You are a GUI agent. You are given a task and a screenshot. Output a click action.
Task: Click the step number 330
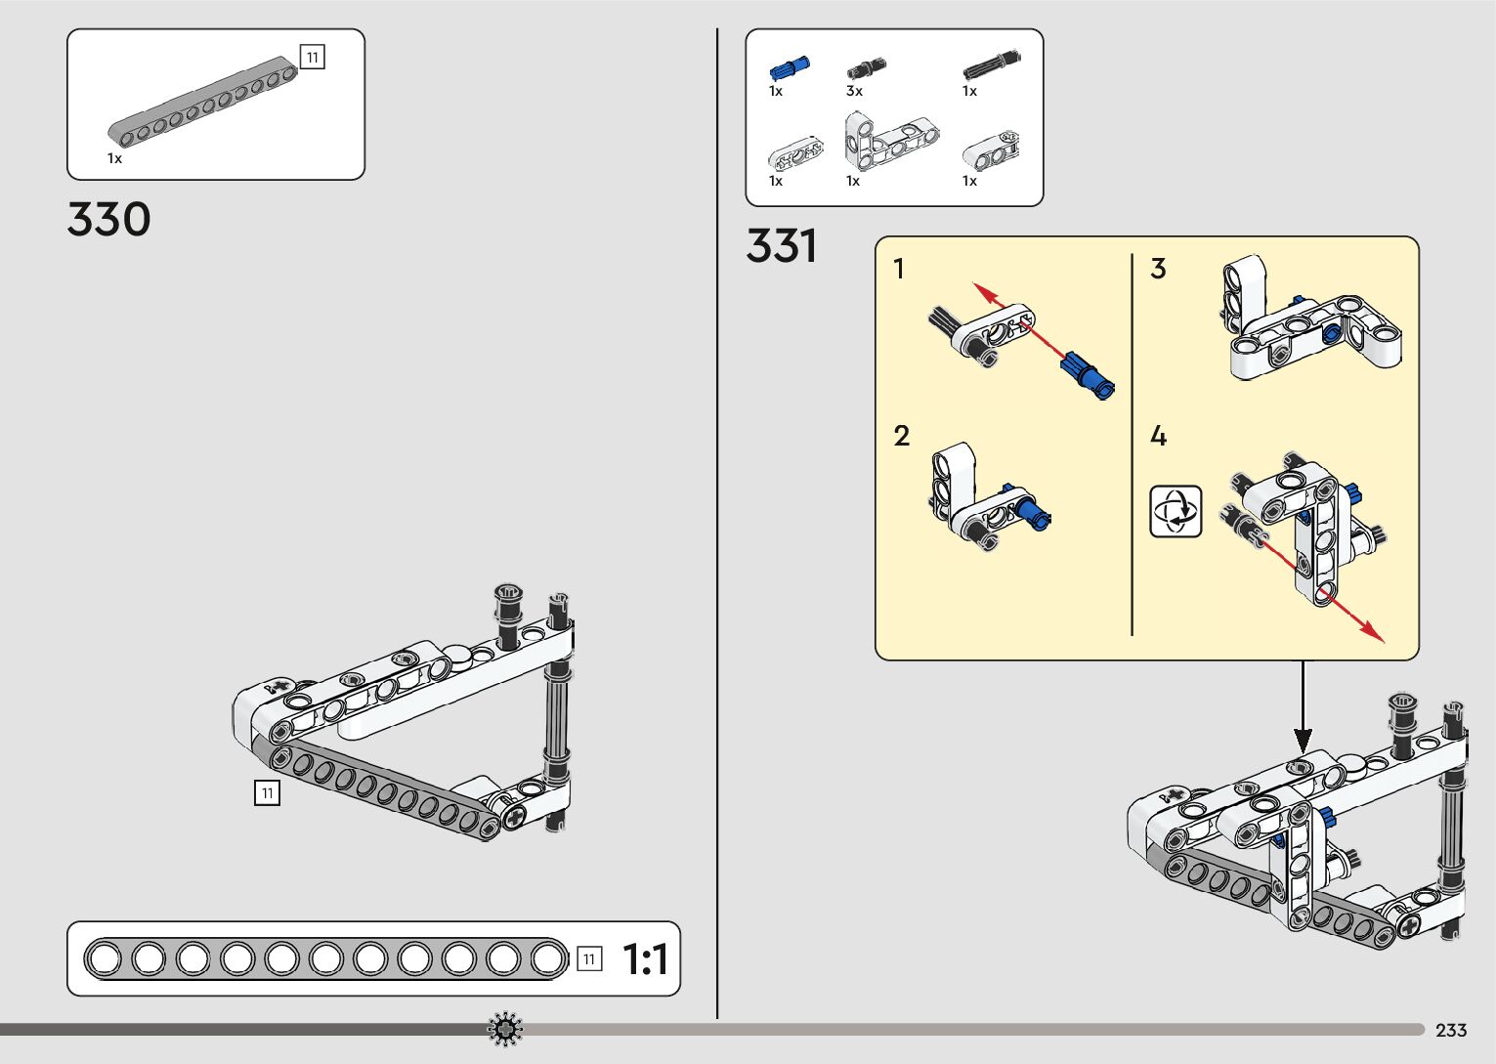click(108, 220)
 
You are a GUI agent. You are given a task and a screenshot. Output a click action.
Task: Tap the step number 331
click(781, 245)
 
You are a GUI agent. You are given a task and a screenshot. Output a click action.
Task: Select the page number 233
click(1451, 1030)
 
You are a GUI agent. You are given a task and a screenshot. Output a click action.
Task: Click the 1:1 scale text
click(645, 959)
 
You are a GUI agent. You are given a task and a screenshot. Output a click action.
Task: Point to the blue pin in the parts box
click(789, 68)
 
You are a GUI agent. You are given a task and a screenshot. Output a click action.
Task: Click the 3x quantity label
click(854, 91)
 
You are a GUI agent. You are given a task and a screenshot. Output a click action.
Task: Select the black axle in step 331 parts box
click(991, 65)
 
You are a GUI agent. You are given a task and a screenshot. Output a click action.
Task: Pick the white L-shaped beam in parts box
click(890, 139)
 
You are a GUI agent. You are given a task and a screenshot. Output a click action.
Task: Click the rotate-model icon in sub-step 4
click(1175, 511)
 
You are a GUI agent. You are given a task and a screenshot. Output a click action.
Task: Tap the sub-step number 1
click(899, 269)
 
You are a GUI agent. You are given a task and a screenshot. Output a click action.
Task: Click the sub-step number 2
click(901, 436)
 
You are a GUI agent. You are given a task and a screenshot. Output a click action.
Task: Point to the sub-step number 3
click(1158, 269)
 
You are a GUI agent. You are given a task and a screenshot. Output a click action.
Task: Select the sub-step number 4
click(1158, 436)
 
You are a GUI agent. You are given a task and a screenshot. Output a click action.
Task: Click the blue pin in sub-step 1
click(1088, 374)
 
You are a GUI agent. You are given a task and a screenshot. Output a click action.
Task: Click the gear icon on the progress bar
click(505, 1029)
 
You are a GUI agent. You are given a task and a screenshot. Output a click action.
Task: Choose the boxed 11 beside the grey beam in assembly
click(267, 792)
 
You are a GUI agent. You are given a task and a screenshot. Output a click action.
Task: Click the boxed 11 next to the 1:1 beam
click(588, 959)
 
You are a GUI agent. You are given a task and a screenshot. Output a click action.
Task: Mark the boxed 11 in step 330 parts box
click(312, 58)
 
